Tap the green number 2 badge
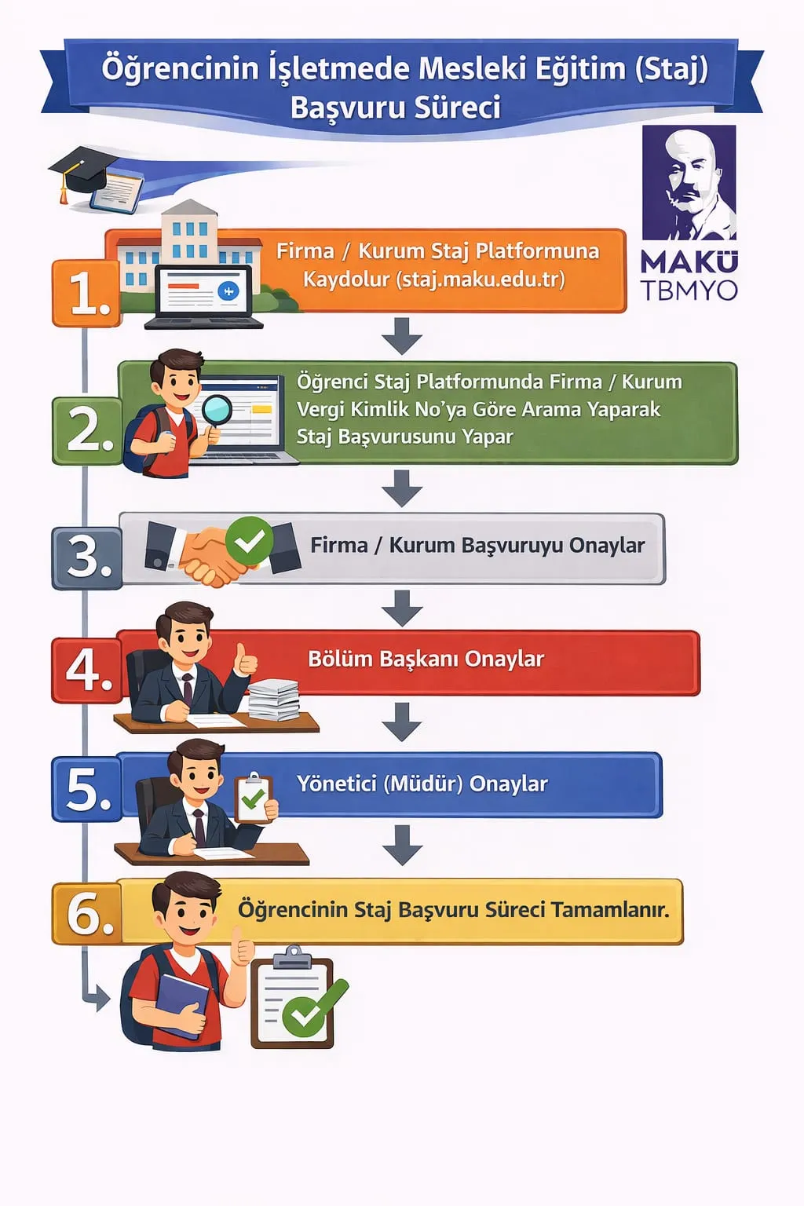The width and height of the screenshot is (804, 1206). [x=87, y=430]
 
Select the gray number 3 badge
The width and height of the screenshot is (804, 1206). [x=87, y=557]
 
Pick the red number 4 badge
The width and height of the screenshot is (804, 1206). [x=87, y=670]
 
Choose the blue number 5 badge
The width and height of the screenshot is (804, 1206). [x=87, y=788]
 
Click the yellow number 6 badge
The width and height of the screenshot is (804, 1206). [x=87, y=913]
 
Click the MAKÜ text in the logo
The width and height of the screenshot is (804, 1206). [x=689, y=261]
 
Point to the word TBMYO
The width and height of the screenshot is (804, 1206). [x=689, y=291]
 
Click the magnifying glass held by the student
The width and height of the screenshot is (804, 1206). [x=216, y=410]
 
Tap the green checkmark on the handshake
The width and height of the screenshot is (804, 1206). [x=249, y=539]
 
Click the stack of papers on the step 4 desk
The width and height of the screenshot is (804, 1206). [x=274, y=699]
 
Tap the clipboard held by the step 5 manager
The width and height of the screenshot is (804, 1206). [x=253, y=798]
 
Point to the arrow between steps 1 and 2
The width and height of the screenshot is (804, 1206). [x=402, y=336]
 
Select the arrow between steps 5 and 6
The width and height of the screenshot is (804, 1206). [x=402, y=845]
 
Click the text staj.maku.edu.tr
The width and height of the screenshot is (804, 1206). [x=481, y=280]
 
